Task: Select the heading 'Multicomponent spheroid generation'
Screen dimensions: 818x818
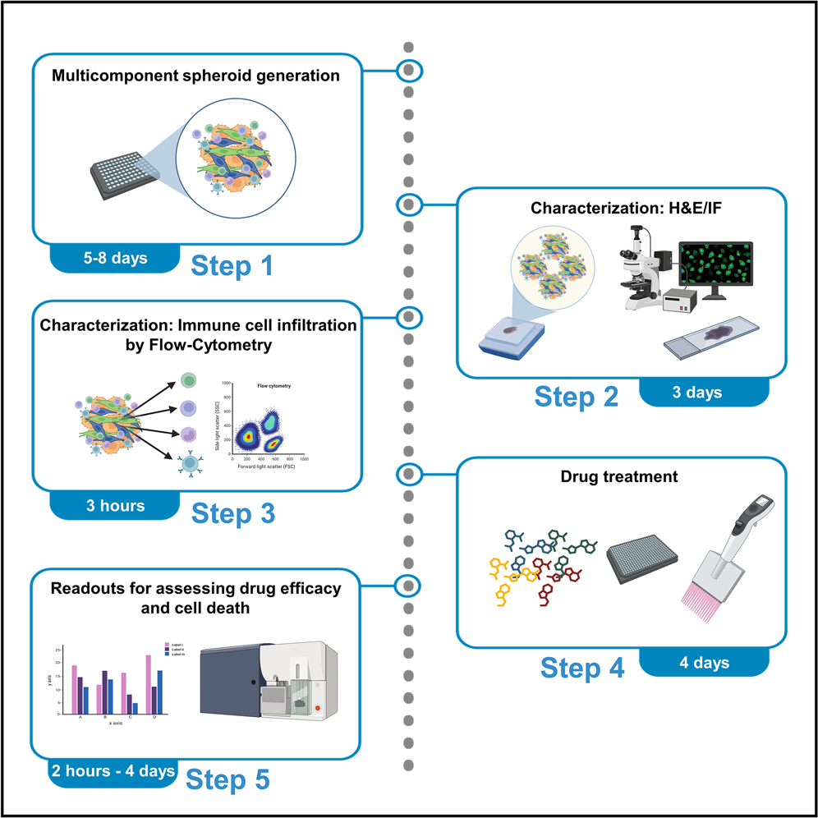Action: pyautogui.click(x=195, y=76)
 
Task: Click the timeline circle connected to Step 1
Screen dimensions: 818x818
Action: pyautogui.click(x=409, y=71)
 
